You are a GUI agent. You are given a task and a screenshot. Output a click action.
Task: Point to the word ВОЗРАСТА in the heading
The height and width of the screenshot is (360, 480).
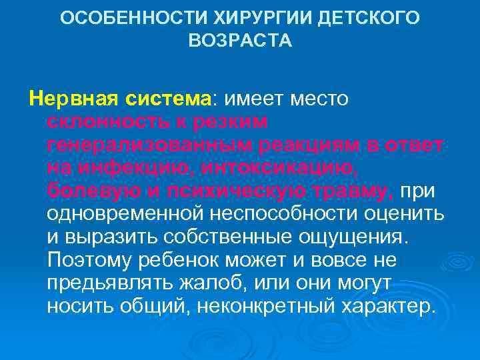coord(240,41)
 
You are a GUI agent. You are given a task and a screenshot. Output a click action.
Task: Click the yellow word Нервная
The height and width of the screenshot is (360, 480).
coord(67,99)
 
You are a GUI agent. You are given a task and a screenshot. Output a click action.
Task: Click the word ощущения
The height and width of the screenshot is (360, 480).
coord(357,238)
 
